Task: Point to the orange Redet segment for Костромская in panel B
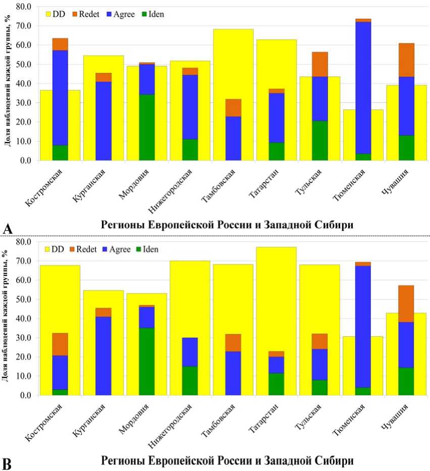tap(60, 344)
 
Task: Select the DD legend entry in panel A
tap(55, 14)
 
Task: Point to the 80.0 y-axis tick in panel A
tap(24, 7)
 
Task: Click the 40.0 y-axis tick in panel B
tap(24, 319)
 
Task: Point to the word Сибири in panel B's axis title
tap(331, 460)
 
